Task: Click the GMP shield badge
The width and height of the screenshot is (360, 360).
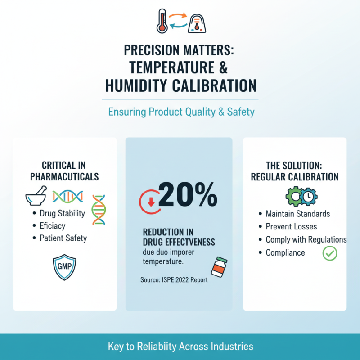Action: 65,267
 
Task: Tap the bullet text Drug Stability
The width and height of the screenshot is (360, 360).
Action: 62,213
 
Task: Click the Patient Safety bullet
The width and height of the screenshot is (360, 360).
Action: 63,238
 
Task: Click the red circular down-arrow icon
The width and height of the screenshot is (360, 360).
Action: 150,202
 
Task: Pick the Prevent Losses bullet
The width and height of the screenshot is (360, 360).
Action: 291,226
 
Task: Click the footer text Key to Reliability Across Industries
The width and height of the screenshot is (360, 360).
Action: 180,346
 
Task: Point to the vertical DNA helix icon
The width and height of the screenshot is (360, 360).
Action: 99,209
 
